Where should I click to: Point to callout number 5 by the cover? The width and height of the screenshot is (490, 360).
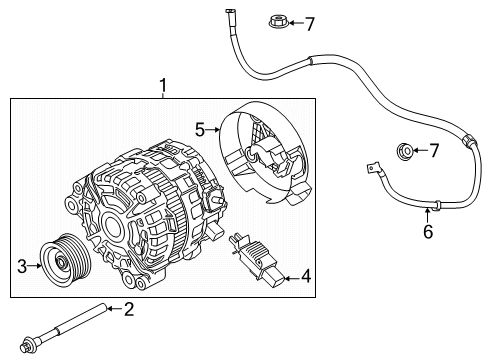click(x=199, y=129)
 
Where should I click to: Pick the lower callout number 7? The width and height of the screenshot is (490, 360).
click(x=433, y=151)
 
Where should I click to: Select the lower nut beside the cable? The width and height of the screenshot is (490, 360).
click(x=405, y=152)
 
